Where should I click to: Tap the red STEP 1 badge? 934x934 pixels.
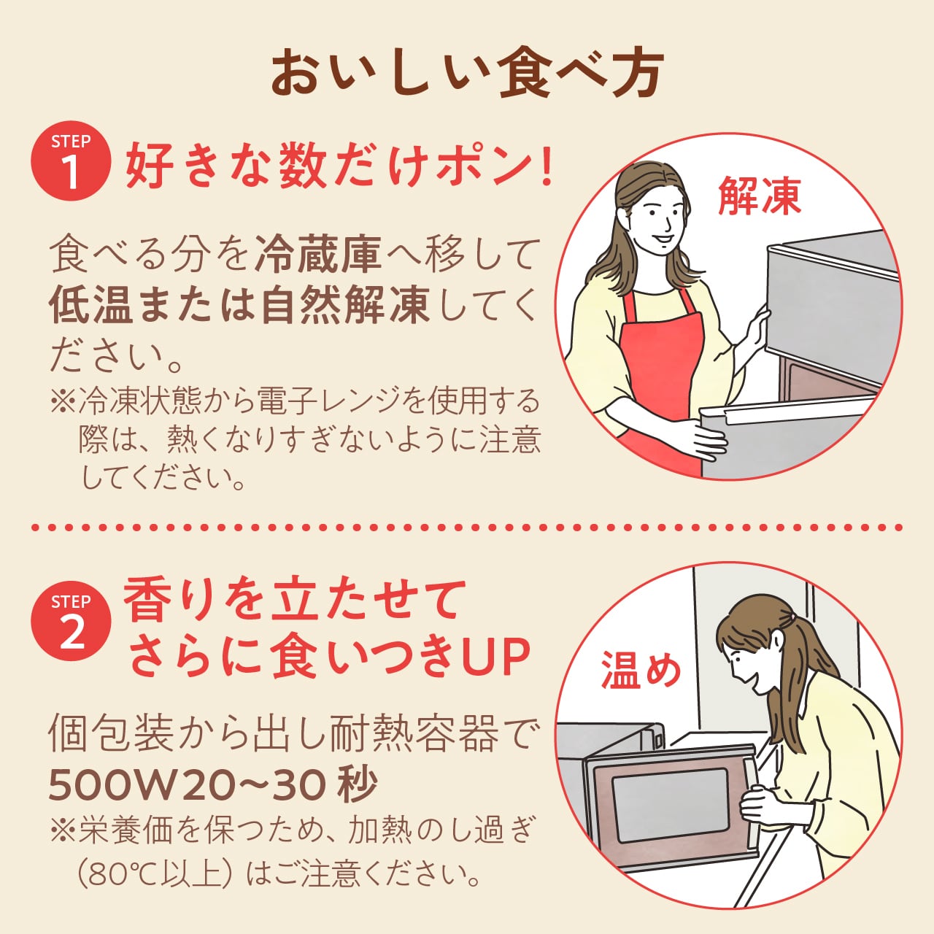(71, 161)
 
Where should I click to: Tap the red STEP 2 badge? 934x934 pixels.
(71, 621)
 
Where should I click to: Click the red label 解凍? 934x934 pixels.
(759, 195)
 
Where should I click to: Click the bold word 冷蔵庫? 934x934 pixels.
(318, 253)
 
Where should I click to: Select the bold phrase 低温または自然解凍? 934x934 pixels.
(239, 305)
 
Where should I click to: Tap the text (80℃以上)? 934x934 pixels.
(153, 874)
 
